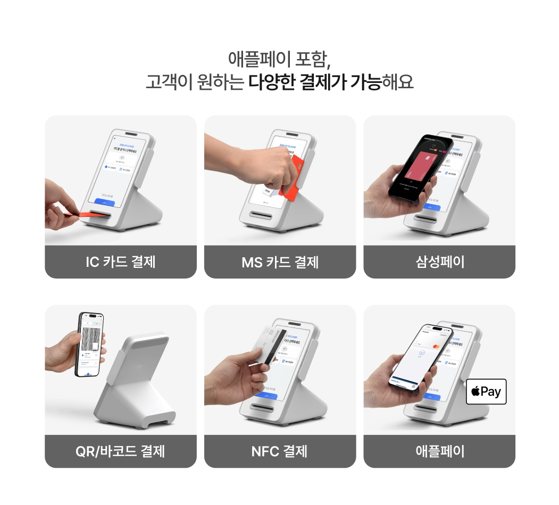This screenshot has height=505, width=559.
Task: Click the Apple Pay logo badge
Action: point(486,392)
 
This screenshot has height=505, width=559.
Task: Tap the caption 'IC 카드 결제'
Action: point(121,262)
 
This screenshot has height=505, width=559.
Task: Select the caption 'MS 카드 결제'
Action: point(280,262)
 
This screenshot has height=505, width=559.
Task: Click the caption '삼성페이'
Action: point(439,262)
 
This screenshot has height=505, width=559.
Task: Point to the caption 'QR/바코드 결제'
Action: point(121,451)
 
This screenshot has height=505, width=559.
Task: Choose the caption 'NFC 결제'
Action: point(280,451)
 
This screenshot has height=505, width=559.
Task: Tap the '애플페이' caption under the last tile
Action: point(439,451)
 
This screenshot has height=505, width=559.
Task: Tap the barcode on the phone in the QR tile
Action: point(91,334)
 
